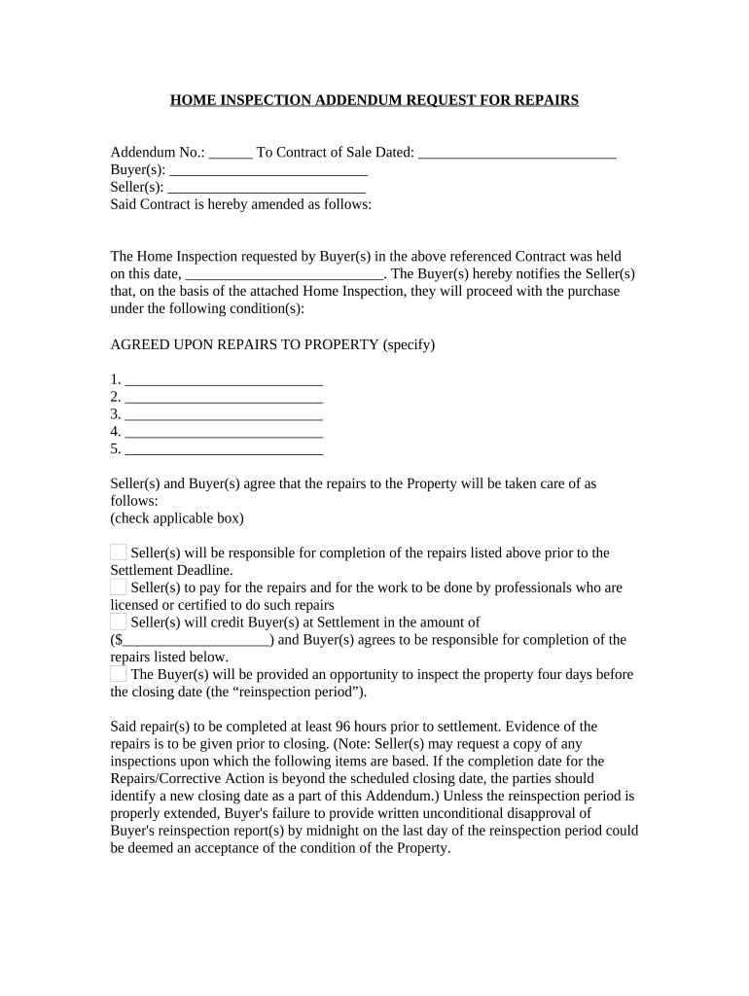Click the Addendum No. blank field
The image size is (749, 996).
click(x=231, y=153)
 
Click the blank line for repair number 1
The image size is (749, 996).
click(x=224, y=379)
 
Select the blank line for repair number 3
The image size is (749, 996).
click(x=224, y=414)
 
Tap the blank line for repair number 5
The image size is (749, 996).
click(x=224, y=449)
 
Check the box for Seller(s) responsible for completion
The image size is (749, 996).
click(x=118, y=552)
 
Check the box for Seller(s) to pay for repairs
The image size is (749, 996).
click(x=118, y=587)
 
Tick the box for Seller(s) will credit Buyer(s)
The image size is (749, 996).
click(x=118, y=622)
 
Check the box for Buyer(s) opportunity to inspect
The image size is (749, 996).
click(x=118, y=674)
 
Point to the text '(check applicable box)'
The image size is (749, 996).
click(x=177, y=517)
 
